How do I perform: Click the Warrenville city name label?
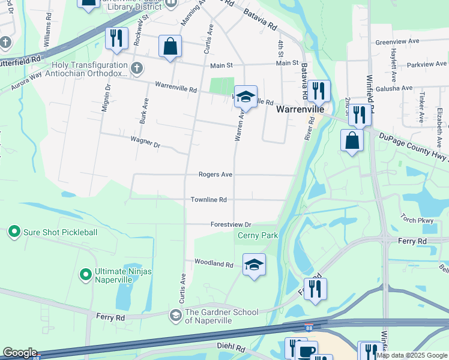pyautogui.click(x=300, y=110)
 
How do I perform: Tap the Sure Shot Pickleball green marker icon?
pyautogui.click(x=13, y=232)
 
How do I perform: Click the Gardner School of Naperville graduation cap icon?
pyautogui.click(x=175, y=316)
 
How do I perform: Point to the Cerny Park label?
pyautogui.click(x=258, y=235)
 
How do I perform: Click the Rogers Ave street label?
pyautogui.click(x=215, y=175)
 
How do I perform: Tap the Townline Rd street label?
pyautogui.click(x=208, y=200)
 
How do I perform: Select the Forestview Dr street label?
pyautogui.click(x=231, y=224)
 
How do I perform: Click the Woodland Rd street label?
pyautogui.click(x=213, y=263)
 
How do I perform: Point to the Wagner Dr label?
pyautogui.click(x=145, y=145)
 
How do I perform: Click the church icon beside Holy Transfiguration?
pyautogui.click(x=137, y=68)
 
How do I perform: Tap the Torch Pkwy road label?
pyautogui.click(x=417, y=220)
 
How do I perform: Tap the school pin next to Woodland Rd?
pyautogui.click(x=254, y=265)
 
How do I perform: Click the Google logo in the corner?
pyautogui.click(x=20, y=353)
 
